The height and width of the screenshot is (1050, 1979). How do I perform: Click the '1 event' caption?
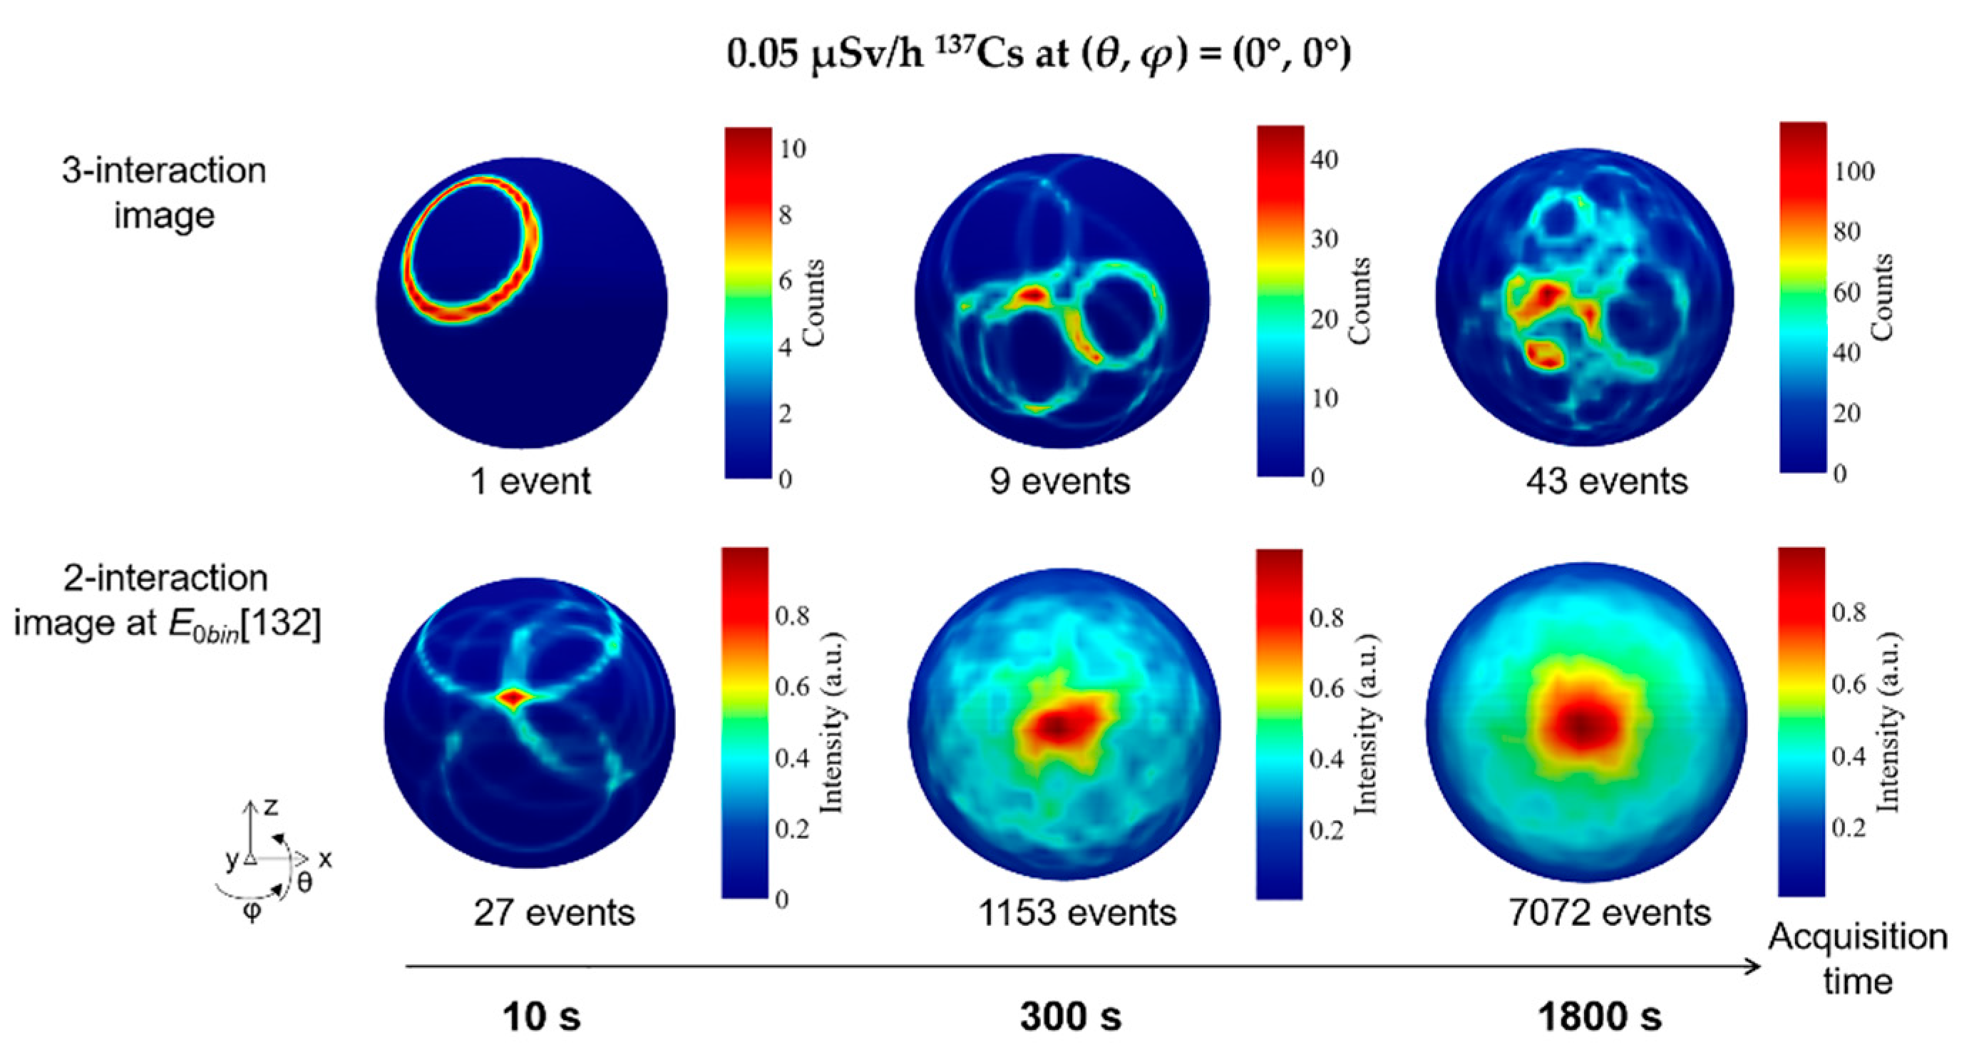click(x=531, y=482)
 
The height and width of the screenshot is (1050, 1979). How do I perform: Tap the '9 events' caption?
click(x=1060, y=482)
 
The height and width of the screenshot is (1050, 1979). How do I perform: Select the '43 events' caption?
click(x=1607, y=482)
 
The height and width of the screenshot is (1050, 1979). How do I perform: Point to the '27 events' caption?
click(x=554, y=913)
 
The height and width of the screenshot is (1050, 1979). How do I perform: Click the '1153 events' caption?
click(x=1077, y=913)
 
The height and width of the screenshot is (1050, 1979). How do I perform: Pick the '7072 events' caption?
click(x=1610, y=913)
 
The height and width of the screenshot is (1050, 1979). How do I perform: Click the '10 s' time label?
click(x=542, y=1017)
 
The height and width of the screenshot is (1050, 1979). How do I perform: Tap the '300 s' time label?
click(x=1070, y=1017)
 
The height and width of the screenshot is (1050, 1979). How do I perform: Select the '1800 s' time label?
click(x=1600, y=1017)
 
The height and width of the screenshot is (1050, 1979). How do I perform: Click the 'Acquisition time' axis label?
click(x=1858, y=959)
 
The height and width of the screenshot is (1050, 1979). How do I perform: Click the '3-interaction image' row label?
click(x=164, y=192)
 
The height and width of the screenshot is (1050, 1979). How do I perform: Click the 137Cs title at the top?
click(x=1039, y=53)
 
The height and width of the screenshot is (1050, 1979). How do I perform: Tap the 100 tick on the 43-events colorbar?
click(x=1854, y=171)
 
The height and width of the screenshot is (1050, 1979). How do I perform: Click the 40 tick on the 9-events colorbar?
click(x=1325, y=160)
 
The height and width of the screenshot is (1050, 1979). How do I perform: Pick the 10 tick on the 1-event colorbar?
click(x=793, y=149)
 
